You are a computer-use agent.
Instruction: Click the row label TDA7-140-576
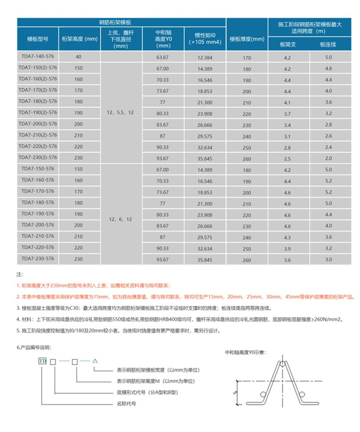point(37,57)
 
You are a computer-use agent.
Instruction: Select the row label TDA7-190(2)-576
point(37,113)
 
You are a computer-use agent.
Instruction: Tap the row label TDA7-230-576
point(37,258)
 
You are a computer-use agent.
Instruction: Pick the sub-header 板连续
point(328,45)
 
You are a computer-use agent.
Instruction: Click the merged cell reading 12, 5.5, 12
point(121,113)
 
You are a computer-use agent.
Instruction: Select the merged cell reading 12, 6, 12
point(121,219)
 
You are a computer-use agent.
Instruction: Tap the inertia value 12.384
point(204,57)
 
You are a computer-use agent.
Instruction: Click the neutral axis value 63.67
point(163,57)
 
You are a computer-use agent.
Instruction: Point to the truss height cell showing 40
point(79,57)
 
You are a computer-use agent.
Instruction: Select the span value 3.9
point(288,248)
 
